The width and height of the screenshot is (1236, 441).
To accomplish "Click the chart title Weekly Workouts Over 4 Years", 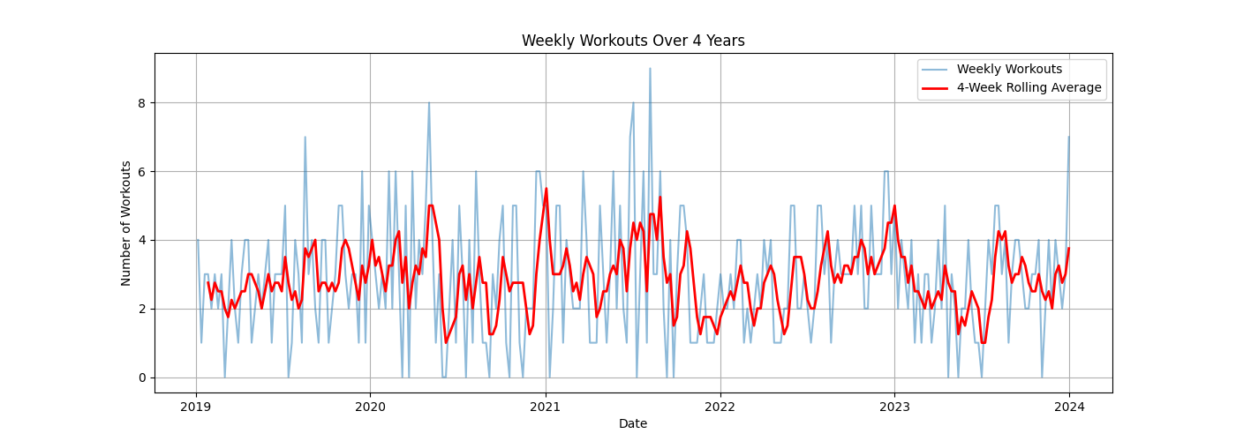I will pyautogui.click(x=633, y=41).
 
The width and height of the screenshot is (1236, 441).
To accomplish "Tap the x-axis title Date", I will pyautogui.click(x=633, y=423).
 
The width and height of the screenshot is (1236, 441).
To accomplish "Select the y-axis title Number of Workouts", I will pyautogui.click(x=126, y=223).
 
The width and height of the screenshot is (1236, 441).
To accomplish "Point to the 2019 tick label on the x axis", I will pyautogui.click(x=196, y=407).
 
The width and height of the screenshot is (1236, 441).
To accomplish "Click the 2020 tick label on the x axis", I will pyautogui.click(x=370, y=407).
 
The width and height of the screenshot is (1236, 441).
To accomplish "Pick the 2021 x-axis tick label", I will pyautogui.click(x=546, y=407).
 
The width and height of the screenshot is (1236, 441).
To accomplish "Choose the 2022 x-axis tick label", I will pyautogui.click(x=720, y=407).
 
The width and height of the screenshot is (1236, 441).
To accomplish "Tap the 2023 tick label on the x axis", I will pyautogui.click(x=894, y=407).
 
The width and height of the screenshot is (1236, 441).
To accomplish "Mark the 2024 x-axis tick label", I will pyautogui.click(x=1069, y=407).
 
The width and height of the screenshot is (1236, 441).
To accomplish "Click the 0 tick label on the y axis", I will pyautogui.click(x=142, y=377).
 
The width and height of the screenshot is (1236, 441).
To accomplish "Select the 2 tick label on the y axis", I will pyautogui.click(x=142, y=309).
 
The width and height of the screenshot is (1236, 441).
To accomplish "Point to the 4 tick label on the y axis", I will pyautogui.click(x=142, y=240).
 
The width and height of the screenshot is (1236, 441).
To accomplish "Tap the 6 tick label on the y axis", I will pyautogui.click(x=142, y=171).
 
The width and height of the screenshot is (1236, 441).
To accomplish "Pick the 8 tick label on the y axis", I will pyautogui.click(x=142, y=102).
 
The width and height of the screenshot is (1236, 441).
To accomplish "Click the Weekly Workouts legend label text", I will pyautogui.click(x=1009, y=69).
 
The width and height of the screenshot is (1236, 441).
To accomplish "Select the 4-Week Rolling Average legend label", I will pyautogui.click(x=1029, y=87).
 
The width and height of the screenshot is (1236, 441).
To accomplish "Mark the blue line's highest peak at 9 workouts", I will pyautogui.click(x=650, y=68).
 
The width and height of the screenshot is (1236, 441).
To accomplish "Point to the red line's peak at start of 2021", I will pyautogui.click(x=546, y=188).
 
